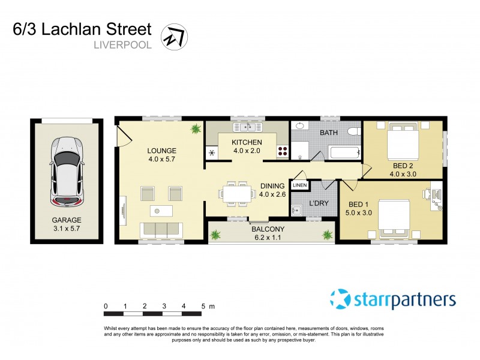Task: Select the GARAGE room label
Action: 66,220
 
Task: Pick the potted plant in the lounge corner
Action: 196,128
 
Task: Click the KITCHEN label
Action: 247,142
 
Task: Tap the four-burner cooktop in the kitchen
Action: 281,152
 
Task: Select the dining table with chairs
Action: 236,193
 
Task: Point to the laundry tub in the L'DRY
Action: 296,211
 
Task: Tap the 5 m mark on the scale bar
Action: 203,306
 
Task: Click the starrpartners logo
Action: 393,299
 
